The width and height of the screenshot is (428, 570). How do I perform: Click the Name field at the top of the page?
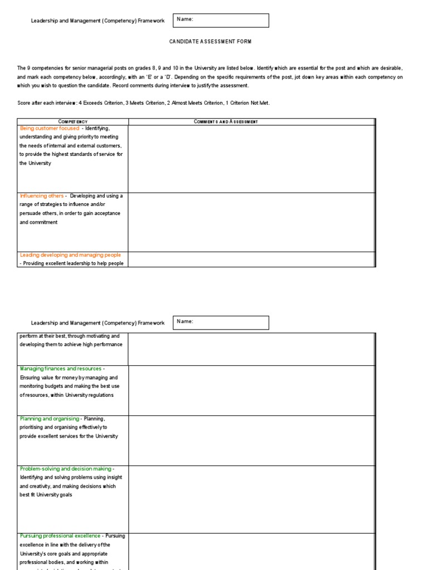pos(221,21)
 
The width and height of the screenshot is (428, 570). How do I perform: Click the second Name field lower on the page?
pos(221,323)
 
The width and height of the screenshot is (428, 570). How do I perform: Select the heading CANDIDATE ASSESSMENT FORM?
pos(206,42)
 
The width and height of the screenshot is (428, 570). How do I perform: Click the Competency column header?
pos(73,121)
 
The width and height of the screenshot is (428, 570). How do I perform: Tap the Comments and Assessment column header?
pos(226,121)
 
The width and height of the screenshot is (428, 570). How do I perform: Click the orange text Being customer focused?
pos(50,129)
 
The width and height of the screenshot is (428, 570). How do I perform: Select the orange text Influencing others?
pos(42,196)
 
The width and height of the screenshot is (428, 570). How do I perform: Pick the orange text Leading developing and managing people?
pos(70,255)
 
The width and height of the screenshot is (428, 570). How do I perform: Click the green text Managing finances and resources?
pos(61,368)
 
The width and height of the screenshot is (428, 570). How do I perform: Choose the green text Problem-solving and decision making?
pos(66,469)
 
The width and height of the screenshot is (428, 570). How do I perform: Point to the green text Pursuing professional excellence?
pos(60,536)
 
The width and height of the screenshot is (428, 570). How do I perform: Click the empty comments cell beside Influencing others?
pos(251,222)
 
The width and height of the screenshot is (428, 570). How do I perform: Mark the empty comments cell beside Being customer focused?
pos(251,159)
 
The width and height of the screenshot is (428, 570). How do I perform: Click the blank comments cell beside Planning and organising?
pos(251,440)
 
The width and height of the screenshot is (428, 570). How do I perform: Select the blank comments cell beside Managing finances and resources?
pos(251,390)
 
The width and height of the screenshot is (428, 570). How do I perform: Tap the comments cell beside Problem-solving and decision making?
pos(251,499)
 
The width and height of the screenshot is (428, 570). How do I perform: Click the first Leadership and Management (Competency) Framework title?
pos(98,21)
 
